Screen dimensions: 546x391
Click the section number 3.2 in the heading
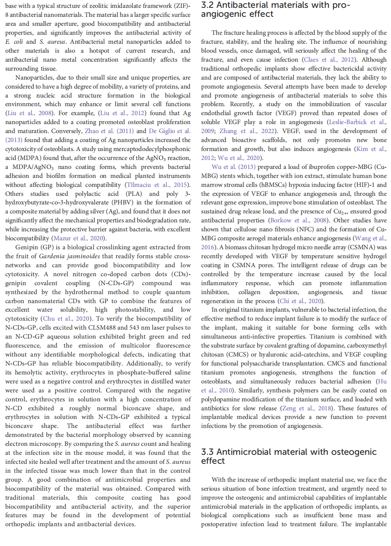tap(207, 5)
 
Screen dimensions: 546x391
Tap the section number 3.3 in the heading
tap(207, 452)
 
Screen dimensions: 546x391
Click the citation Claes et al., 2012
tap(329, 60)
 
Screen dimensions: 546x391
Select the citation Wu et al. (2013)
tap(228, 167)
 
